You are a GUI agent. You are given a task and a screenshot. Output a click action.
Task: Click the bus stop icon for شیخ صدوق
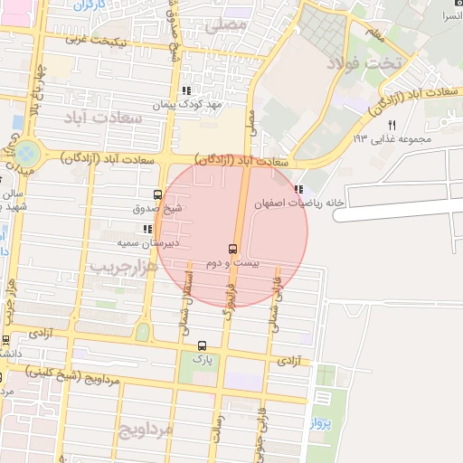pos(158,194)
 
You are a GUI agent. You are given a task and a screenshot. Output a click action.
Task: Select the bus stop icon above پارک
pos(202,345)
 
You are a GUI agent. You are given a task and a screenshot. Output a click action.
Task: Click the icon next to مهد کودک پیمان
pos(186,91)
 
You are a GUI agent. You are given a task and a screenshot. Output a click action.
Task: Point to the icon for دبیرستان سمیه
pos(147,230)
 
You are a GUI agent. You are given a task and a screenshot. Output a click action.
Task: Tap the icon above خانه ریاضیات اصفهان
pos(299,189)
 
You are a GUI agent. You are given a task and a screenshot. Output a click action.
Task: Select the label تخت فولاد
pos(376,63)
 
